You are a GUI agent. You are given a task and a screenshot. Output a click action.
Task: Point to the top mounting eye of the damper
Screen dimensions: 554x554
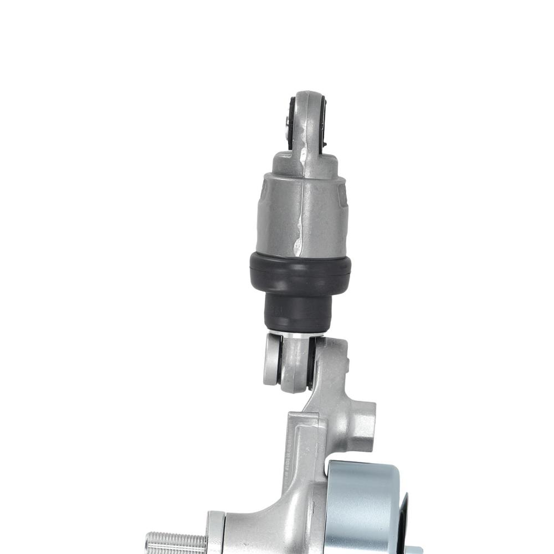308,119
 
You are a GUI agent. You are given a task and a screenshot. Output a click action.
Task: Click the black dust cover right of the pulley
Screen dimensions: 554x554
403,521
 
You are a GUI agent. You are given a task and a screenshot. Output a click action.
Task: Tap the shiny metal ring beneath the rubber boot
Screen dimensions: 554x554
299,335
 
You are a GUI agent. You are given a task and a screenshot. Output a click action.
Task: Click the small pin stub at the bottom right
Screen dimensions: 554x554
413,550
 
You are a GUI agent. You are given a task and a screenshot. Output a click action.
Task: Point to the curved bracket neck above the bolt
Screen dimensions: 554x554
260,515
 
